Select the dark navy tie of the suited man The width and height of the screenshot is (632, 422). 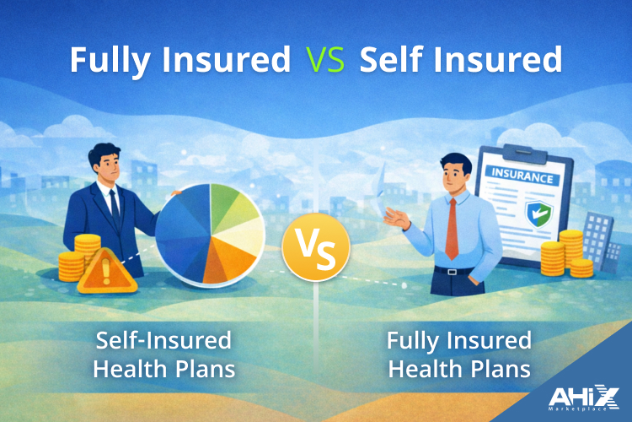112,203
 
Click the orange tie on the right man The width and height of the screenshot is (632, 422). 453,227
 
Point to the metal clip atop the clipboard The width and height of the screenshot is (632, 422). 506,153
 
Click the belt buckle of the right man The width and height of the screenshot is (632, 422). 453,271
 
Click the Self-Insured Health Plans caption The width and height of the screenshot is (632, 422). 163,355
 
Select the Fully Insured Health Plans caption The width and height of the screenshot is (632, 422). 459,355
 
